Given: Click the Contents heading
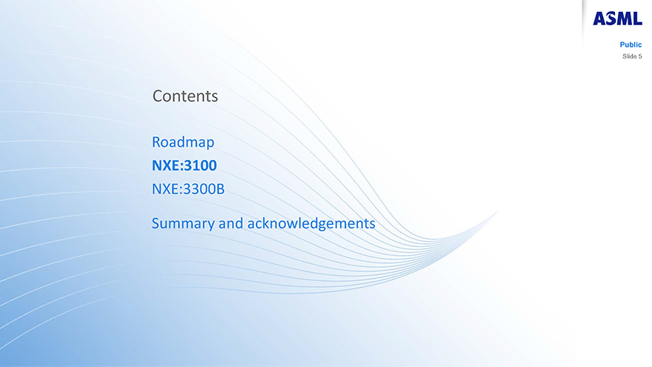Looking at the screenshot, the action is pyautogui.click(x=185, y=96).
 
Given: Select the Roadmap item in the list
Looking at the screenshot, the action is pyautogui.click(x=183, y=142).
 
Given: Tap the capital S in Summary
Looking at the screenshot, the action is pyautogui.click(x=156, y=223).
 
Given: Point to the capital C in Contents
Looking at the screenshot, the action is pyautogui.click(x=157, y=96).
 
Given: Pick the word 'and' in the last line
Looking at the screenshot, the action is pyautogui.click(x=230, y=223).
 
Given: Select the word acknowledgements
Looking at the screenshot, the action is pyautogui.click(x=311, y=224).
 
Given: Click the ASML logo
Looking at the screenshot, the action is pyautogui.click(x=617, y=19).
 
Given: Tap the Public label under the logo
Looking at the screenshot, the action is pyautogui.click(x=631, y=44).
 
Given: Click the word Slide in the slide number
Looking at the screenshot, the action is pyautogui.click(x=629, y=56).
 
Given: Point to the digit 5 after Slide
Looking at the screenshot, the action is pyautogui.click(x=640, y=56).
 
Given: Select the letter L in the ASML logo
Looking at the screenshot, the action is pyautogui.click(x=637, y=19).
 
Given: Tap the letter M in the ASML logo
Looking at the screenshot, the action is pyautogui.click(x=625, y=19).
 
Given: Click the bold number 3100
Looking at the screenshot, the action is pyautogui.click(x=201, y=165).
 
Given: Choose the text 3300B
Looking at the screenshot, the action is pyautogui.click(x=204, y=189).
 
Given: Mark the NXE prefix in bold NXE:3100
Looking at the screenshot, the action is pyautogui.click(x=165, y=165).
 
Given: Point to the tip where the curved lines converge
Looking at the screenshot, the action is pyautogui.click(x=498, y=211).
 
